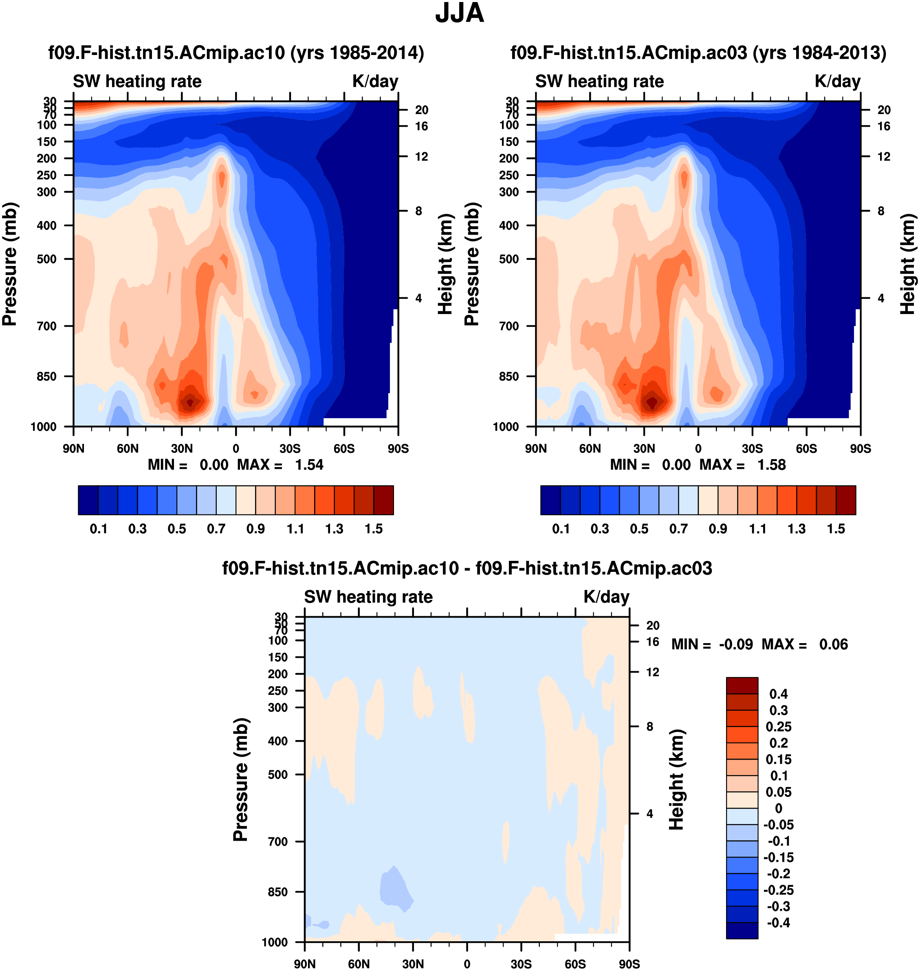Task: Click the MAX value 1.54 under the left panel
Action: pos(309,465)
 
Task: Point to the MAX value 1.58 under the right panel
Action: pos(771,465)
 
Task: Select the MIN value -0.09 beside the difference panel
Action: pos(735,645)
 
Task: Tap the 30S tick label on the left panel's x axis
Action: pos(290,448)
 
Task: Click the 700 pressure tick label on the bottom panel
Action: pos(277,842)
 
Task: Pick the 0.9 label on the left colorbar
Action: pos(255,529)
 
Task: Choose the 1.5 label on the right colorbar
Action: pos(836,529)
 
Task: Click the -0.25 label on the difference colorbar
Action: pos(778,890)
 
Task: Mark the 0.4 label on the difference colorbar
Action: pos(778,694)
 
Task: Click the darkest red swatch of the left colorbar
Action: pos(383,501)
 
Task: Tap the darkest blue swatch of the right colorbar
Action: pos(550,501)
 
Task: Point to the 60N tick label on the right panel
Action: pos(590,448)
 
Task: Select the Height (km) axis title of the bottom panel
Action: pos(677,779)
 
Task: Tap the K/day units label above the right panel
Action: pos(838,81)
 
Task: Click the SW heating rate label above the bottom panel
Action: pos(368,597)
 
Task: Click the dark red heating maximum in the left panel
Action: pos(190,402)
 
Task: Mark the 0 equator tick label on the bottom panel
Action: pos(467,964)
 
